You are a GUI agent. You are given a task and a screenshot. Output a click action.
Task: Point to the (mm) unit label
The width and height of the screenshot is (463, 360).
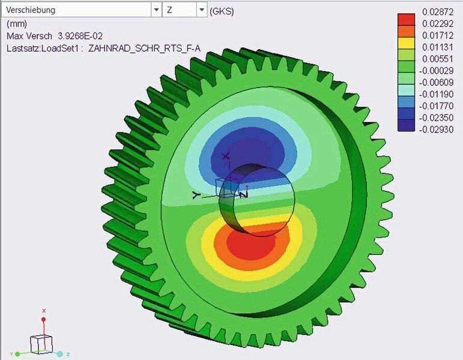pyautogui.click(x=16, y=24)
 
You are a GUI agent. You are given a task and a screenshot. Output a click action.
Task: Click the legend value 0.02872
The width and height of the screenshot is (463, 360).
pyautogui.click(x=437, y=11)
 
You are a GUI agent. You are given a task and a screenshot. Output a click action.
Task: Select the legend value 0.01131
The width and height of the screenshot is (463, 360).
pyautogui.click(x=437, y=47)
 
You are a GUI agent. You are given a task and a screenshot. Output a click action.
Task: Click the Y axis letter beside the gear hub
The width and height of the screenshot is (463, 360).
pyautogui.click(x=195, y=194)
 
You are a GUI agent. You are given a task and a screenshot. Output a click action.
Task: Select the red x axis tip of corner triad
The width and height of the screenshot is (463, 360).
pyautogui.click(x=43, y=311)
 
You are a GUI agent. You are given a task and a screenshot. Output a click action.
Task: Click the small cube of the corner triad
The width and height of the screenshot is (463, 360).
pyautogui.click(x=41, y=344)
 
